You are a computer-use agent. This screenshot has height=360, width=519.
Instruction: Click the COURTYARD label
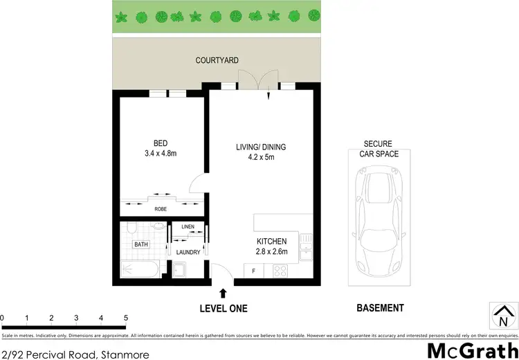[217, 61]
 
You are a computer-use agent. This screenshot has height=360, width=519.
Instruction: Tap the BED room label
[161, 144]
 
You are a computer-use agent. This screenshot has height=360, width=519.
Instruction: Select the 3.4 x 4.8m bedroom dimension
[161, 154]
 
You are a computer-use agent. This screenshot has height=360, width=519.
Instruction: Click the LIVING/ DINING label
[261, 147]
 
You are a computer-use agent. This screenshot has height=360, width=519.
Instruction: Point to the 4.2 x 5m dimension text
[261, 157]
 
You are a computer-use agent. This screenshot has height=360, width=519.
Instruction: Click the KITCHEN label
[271, 241]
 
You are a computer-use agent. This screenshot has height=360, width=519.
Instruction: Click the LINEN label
[188, 227]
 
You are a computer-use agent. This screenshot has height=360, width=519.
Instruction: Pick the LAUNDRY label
[188, 252]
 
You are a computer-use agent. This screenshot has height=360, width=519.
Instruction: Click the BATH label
[141, 244]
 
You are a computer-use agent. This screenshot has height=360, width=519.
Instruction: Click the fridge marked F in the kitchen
[254, 271]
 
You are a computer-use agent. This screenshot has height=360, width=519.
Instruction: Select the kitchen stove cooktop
[282, 271]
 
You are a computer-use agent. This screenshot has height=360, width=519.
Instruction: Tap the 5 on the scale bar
[126, 318]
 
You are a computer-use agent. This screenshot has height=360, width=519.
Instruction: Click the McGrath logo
[472, 350]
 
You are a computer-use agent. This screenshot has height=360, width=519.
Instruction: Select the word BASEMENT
[380, 308]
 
